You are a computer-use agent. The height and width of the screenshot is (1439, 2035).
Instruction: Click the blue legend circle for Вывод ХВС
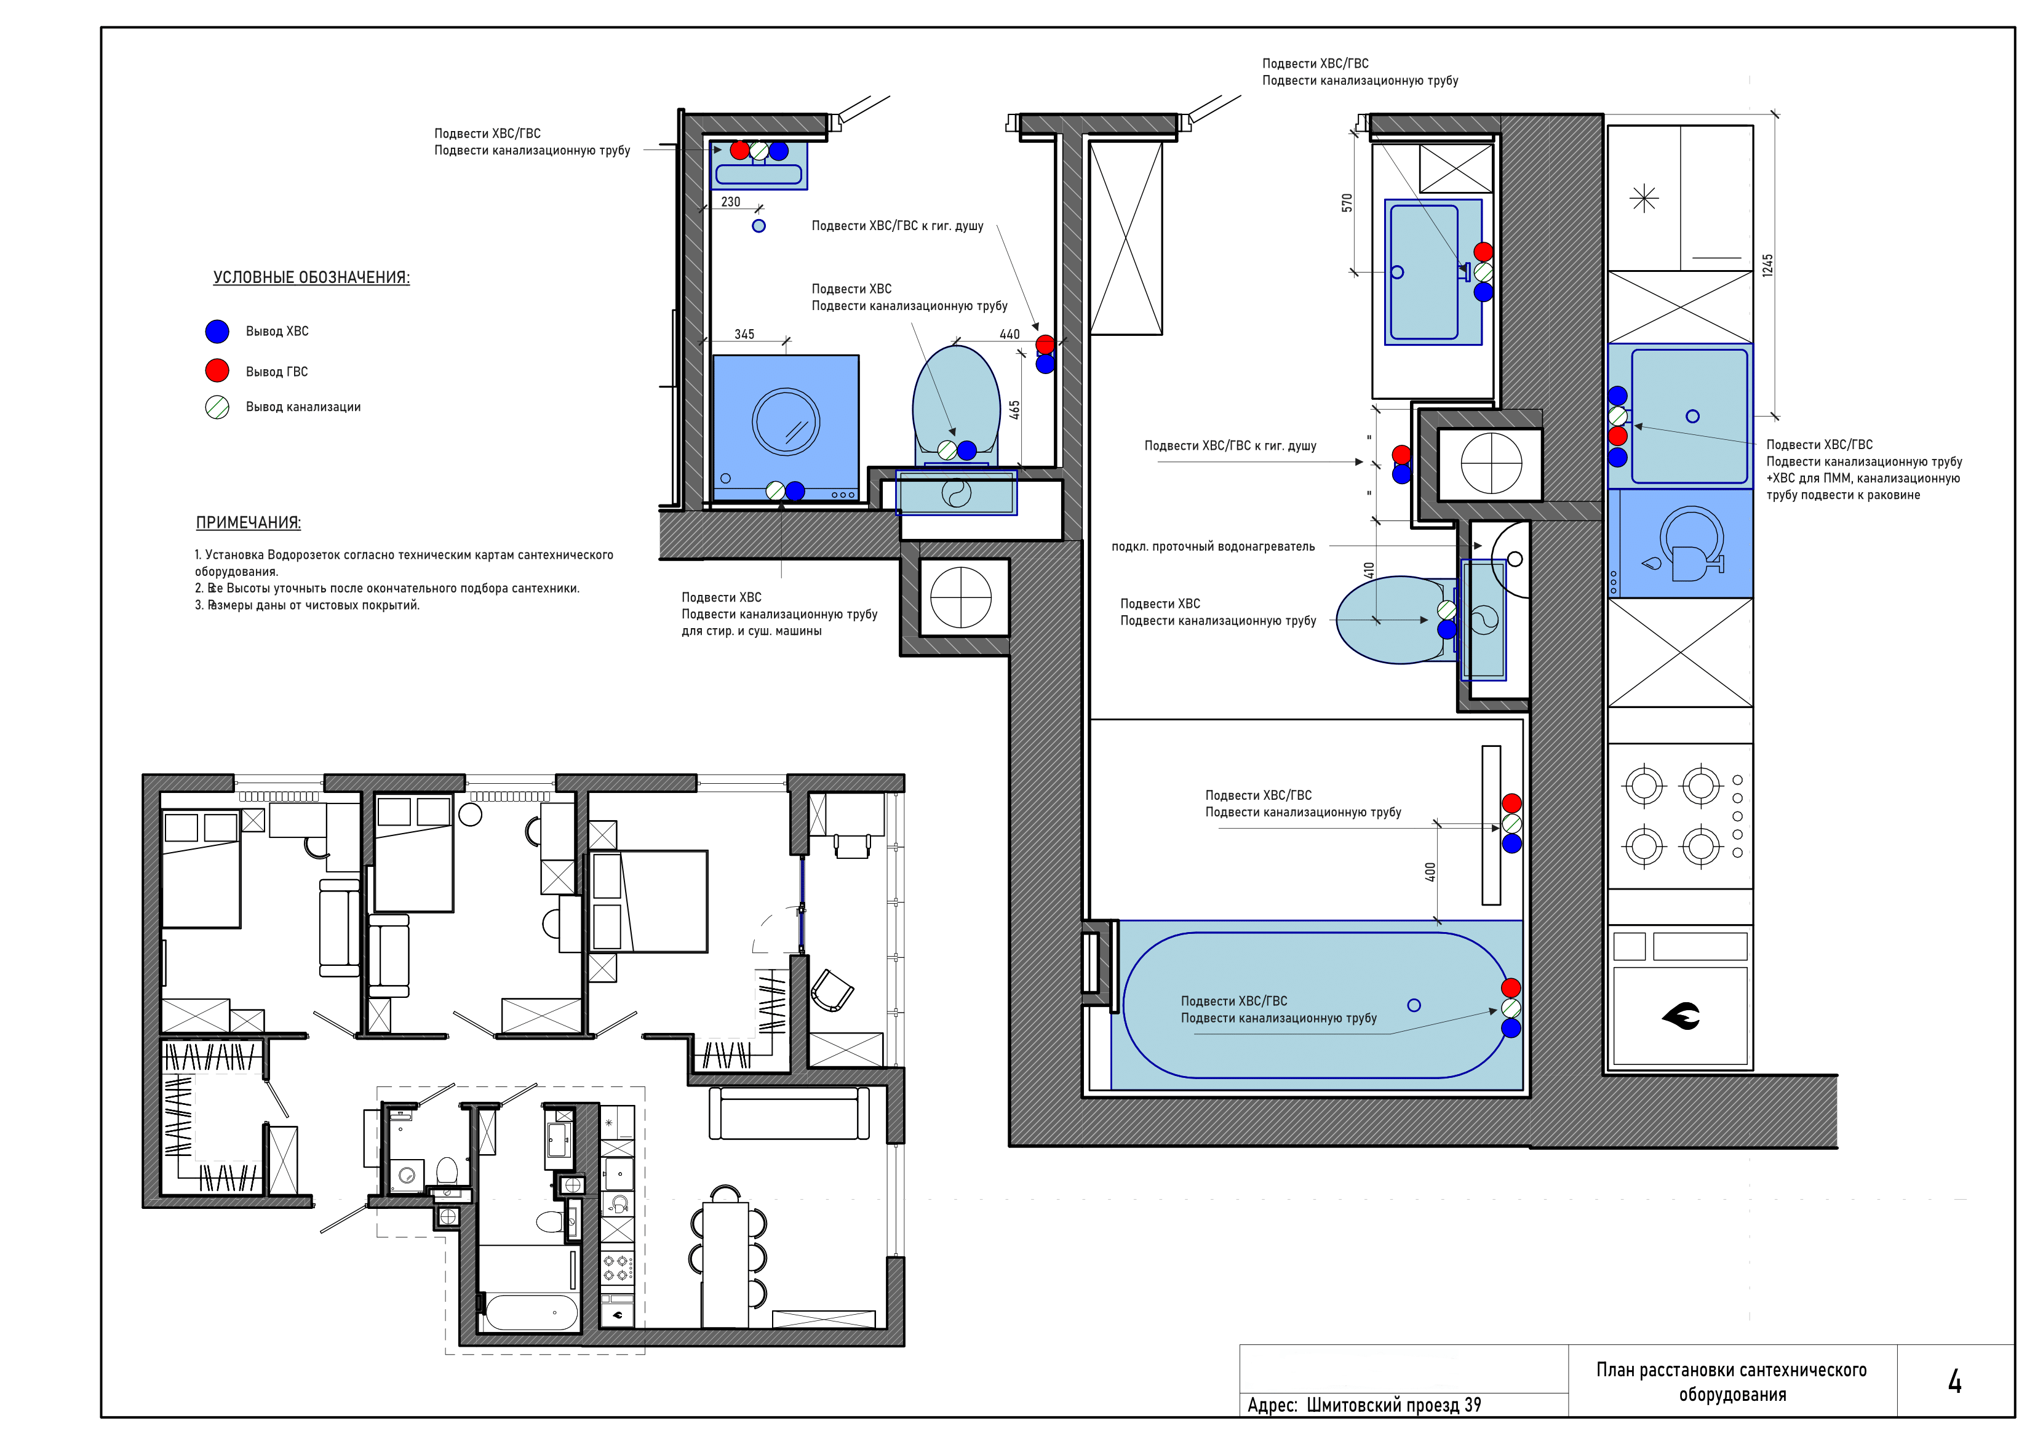217,332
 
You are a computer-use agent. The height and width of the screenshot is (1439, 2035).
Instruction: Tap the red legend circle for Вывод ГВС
217,370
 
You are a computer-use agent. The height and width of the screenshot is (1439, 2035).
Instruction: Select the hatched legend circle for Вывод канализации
217,407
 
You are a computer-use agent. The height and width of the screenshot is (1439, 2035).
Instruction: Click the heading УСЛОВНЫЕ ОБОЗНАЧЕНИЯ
311,277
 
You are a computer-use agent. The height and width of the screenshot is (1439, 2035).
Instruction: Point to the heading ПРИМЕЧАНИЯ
248,523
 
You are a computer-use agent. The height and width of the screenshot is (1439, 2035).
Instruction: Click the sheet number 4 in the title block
1954,1381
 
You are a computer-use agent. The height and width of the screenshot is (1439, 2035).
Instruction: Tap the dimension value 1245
1767,265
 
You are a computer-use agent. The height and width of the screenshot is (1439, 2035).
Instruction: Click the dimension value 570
1347,202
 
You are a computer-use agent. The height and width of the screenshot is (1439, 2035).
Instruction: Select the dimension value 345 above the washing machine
744,334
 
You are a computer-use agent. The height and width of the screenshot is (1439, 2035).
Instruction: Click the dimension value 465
1015,410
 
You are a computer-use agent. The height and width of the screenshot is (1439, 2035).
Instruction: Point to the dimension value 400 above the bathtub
1430,872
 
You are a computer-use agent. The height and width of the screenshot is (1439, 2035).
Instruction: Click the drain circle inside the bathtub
1414,1005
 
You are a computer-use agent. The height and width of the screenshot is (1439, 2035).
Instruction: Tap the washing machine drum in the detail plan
786,421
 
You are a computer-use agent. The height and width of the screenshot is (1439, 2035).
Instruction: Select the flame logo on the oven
1681,1016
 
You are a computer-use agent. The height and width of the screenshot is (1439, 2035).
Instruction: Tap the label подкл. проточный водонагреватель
1213,547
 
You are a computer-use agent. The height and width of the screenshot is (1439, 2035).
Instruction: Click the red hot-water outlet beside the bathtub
1511,987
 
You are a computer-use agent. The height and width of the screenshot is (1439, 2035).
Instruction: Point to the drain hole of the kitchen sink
1693,416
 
